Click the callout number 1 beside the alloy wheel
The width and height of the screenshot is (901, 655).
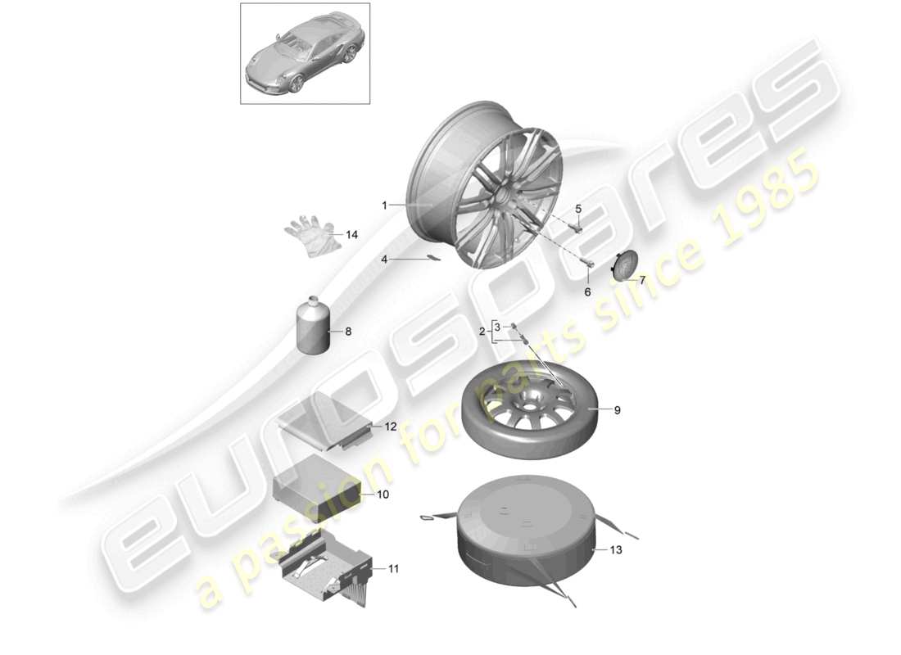384,206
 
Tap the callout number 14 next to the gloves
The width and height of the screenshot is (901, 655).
351,235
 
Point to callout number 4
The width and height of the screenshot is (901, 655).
383,259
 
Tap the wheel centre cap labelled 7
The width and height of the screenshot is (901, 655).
623,266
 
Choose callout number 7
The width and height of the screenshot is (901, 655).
642,280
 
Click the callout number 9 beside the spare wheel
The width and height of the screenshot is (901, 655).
618,409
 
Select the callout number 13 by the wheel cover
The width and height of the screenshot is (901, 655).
616,550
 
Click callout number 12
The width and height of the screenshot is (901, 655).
390,427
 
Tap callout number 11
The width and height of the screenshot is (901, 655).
393,568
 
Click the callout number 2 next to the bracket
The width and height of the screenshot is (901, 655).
482,332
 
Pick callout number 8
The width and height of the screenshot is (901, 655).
347,332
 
